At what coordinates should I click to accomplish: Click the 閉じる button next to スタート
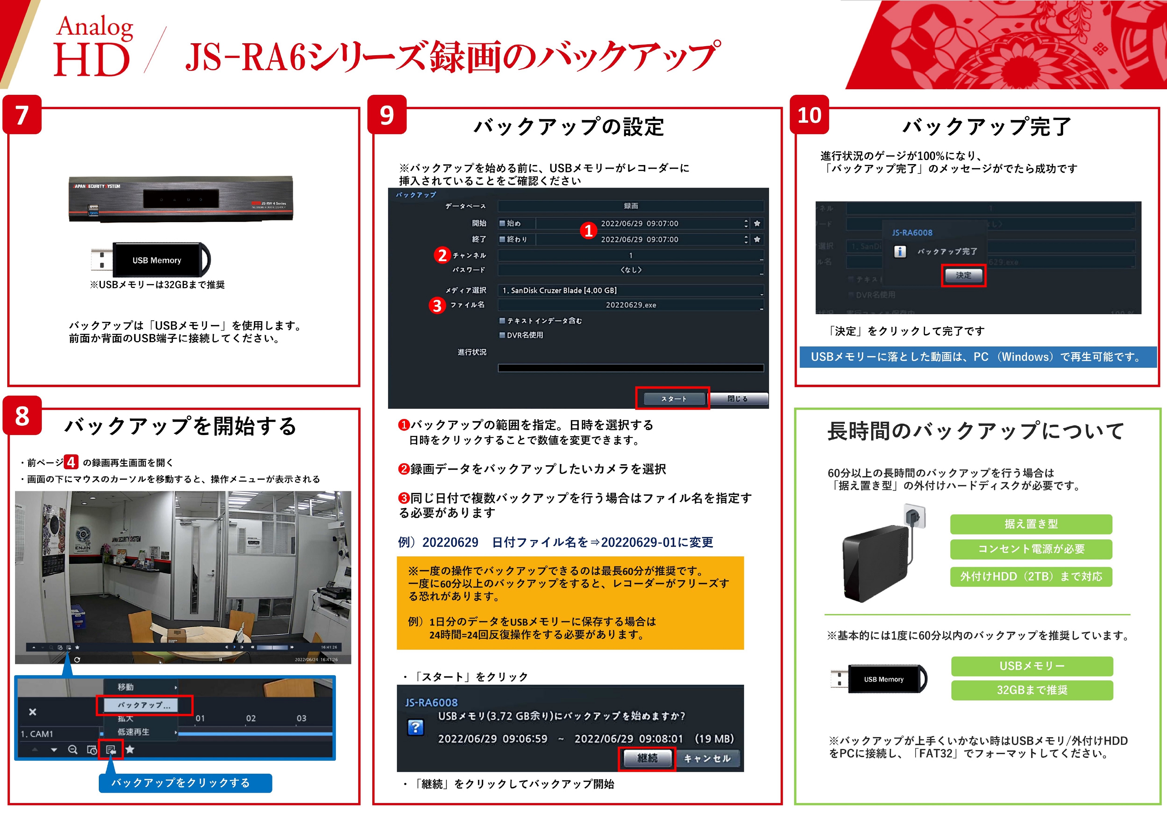pyautogui.click(x=738, y=398)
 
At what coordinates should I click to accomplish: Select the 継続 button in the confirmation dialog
pyautogui.click(x=647, y=758)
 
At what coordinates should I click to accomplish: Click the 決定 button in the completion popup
pyautogui.click(x=963, y=275)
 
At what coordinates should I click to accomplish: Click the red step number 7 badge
pyautogui.click(x=22, y=115)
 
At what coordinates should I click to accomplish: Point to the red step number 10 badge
pyautogui.click(x=809, y=115)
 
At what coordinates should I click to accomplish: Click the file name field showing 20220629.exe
pyautogui.click(x=630, y=305)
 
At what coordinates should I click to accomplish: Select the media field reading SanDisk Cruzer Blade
pyautogui.click(x=630, y=290)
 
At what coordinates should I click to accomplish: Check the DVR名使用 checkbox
pyautogui.click(x=502, y=335)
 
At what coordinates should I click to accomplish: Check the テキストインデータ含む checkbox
pyautogui.click(x=502, y=321)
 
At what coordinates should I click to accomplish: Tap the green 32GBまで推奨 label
pyautogui.click(x=1032, y=690)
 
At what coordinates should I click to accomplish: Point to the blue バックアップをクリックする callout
pyautogui.click(x=185, y=783)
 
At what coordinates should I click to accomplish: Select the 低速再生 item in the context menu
pyautogui.click(x=134, y=732)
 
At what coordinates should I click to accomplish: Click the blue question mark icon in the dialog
pyautogui.click(x=415, y=727)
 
